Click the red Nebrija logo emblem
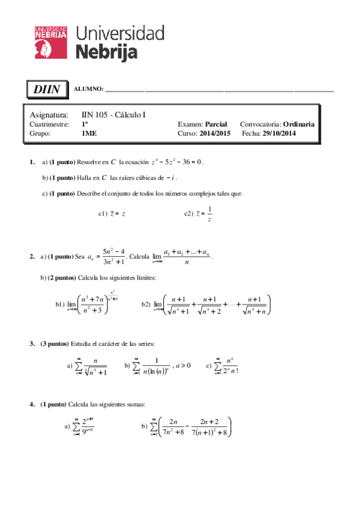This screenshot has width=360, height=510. click(x=50, y=42)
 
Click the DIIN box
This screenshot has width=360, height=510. click(x=46, y=90)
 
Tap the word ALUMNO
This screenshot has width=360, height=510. click(x=88, y=90)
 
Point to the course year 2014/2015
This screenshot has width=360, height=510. click(x=215, y=134)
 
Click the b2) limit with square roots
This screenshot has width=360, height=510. click(x=217, y=305)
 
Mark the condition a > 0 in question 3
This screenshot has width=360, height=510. click(x=182, y=365)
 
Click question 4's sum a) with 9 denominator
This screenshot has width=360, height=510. click(x=84, y=426)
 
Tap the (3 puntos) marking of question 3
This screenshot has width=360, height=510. click(x=55, y=343)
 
